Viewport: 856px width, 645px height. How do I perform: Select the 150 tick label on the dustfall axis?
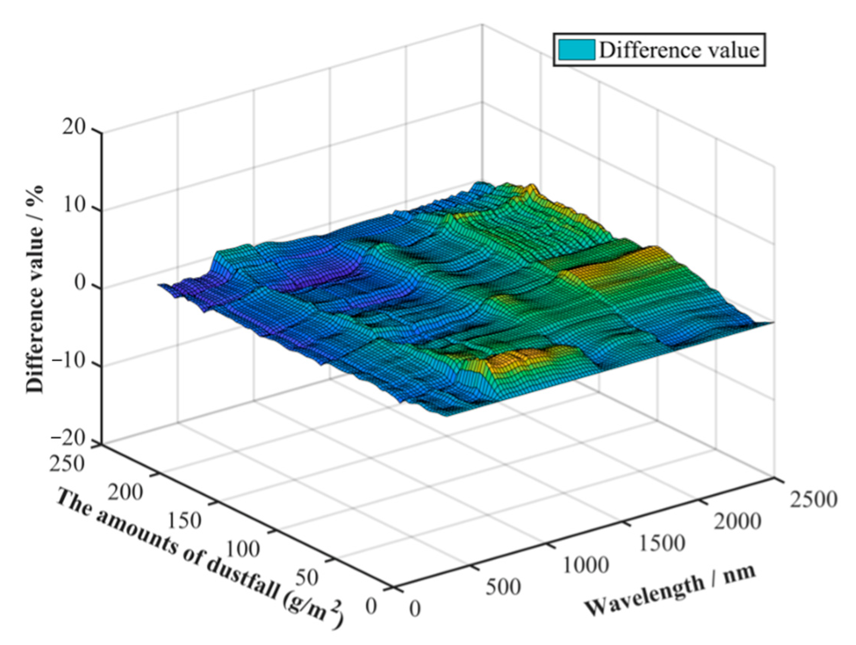(184, 521)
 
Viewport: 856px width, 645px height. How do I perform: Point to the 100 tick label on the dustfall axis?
(242, 549)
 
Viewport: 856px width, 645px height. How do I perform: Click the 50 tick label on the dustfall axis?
(306, 578)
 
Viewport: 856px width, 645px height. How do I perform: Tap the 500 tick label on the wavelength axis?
(503, 588)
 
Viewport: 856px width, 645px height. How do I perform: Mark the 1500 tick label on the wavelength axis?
(662, 543)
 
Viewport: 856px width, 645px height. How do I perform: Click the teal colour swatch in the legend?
(576, 50)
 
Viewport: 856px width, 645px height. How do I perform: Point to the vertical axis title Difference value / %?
(35, 289)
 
